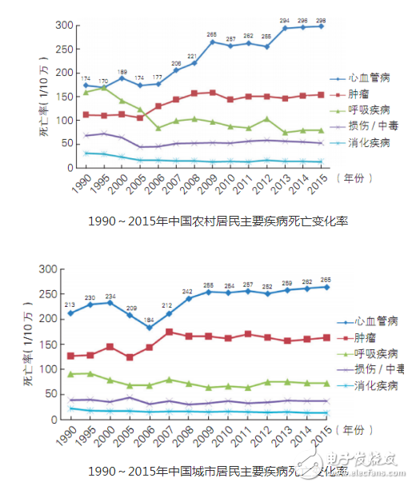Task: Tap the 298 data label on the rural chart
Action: click(x=321, y=18)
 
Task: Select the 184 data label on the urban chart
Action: click(x=149, y=320)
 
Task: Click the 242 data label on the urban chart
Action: click(x=187, y=291)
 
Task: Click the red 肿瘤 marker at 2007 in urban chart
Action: click(x=169, y=332)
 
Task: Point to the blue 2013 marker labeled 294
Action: click(x=284, y=28)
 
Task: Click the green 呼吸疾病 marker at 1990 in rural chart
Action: click(x=86, y=93)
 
